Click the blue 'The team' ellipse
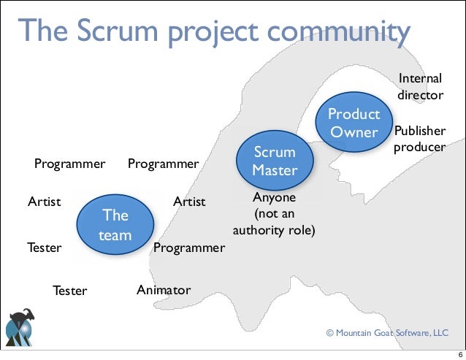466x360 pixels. pyautogui.click(x=115, y=225)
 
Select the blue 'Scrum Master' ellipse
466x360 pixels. pyautogui.click(x=274, y=161)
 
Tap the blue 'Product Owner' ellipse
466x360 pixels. pyautogui.click(x=354, y=123)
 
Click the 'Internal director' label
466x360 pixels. pyautogui.click(x=420, y=86)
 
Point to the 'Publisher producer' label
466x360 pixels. pyautogui.click(x=419, y=139)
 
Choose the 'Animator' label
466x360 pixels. pyautogui.click(x=164, y=291)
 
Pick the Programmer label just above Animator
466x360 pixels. pyautogui.click(x=189, y=248)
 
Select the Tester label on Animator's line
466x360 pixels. pyautogui.click(x=69, y=291)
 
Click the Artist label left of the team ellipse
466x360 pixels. pyautogui.click(x=44, y=201)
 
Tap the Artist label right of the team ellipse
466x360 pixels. pyautogui.click(x=189, y=201)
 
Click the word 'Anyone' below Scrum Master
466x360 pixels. pyautogui.click(x=274, y=198)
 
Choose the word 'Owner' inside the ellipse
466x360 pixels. pyautogui.click(x=354, y=132)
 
